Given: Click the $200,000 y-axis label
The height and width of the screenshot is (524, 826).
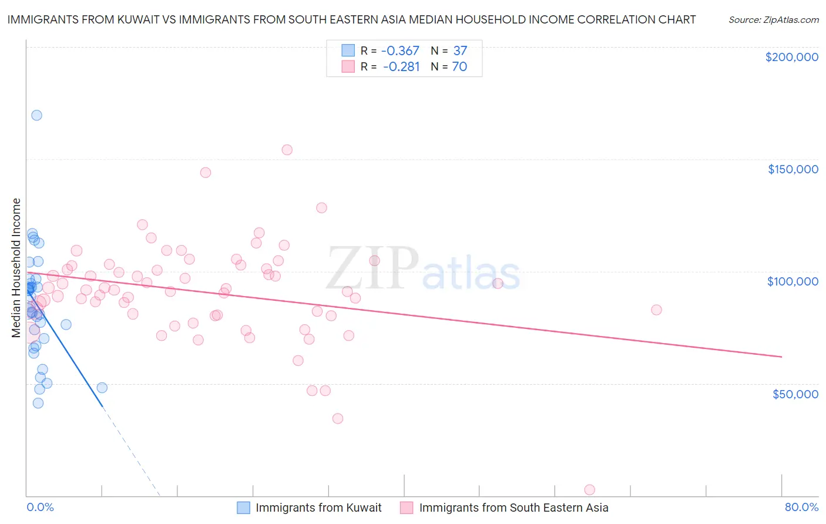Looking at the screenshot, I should [x=791, y=57].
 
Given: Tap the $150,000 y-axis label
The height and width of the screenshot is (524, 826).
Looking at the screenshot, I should [x=793, y=169].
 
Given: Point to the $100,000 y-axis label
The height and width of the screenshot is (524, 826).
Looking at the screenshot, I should [x=793, y=281].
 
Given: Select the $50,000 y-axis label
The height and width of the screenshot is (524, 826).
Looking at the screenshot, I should [x=795, y=394].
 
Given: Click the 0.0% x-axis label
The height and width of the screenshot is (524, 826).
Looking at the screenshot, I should [x=40, y=507].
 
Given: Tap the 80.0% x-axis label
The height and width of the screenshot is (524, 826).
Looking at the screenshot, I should [x=801, y=507].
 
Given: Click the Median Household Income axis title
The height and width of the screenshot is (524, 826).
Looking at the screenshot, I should [x=16, y=268].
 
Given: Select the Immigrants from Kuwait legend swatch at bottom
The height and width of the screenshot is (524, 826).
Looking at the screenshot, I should [x=244, y=508].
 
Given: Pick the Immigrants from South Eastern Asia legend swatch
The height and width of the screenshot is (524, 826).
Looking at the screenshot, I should [x=407, y=508].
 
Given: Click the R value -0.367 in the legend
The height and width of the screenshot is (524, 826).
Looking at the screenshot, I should [x=400, y=51].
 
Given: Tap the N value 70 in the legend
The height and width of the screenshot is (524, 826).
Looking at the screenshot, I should [x=459, y=67].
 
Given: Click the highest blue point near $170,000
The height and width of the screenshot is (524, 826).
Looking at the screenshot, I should [x=36, y=115].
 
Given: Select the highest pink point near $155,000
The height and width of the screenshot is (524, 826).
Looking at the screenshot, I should [x=287, y=150].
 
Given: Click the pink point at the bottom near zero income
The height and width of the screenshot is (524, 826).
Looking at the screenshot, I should [x=590, y=490].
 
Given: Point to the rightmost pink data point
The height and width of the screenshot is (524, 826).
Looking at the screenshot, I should [x=656, y=310].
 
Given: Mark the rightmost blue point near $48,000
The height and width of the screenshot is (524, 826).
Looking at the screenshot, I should [x=102, y=388].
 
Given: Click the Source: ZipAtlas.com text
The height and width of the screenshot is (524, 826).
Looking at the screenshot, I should [x=773, y=20].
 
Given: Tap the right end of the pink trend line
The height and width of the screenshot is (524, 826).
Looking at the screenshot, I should [x=781, y=357].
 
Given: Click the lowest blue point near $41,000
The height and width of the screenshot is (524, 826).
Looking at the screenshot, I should [x=38, y=403].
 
